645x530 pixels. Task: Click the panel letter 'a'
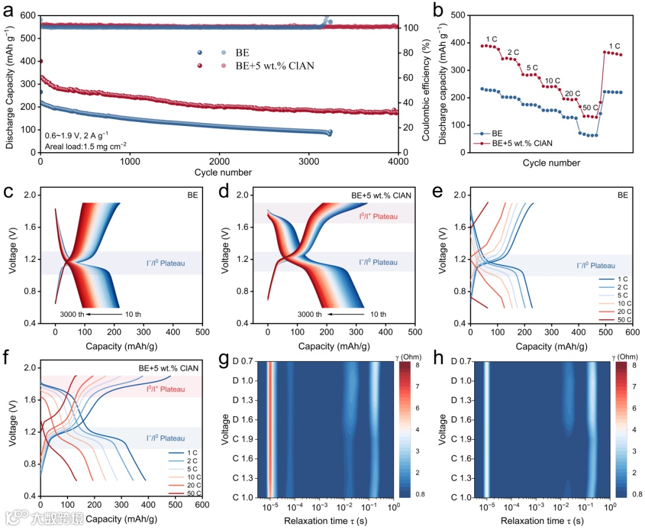[8, 10]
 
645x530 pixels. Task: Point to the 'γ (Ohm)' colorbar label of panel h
[623, 355]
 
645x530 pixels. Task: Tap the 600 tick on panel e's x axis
[632, 331]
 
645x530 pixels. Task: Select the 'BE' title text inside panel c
[187, 195]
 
